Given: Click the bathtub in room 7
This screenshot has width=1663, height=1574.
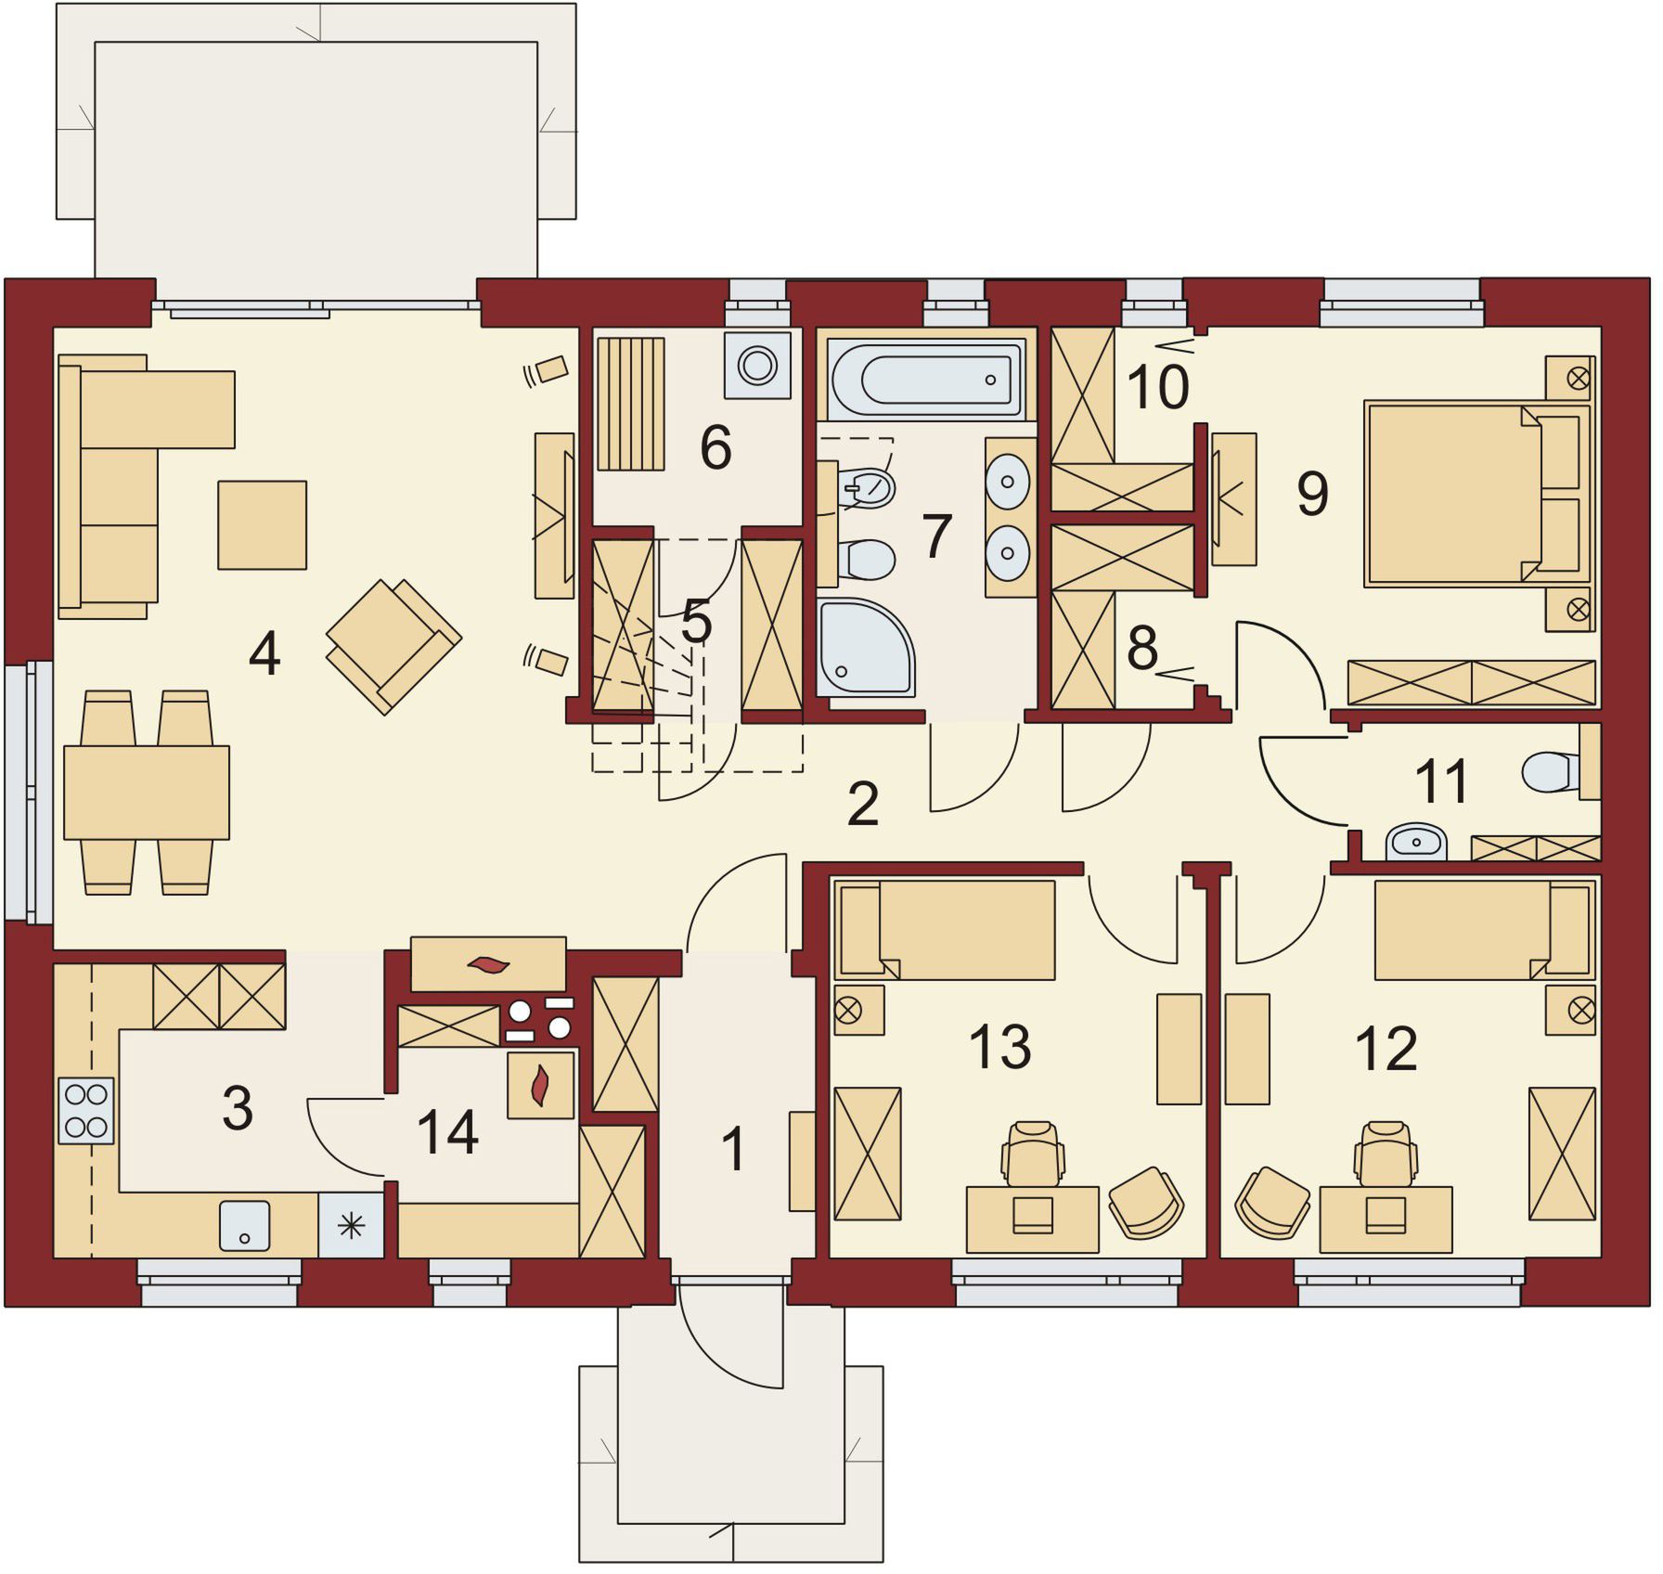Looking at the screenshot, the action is tap(926, 380).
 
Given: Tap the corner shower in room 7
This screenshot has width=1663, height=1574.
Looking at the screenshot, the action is tap(866, 648).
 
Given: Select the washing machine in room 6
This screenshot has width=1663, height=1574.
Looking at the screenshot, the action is tap(757, 365).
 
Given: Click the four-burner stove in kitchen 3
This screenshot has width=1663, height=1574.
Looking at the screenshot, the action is tap(86, 1111).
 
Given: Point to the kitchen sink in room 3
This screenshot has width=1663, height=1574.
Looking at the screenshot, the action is tap(245, 1226).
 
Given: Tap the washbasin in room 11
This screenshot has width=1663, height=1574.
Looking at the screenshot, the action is tap(1416, 843).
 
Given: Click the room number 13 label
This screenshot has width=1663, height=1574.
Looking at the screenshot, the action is tap(999, 1046).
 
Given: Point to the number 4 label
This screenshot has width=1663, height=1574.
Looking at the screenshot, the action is tap(264, 654).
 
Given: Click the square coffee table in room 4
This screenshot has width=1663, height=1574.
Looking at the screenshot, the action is tap(262, 525).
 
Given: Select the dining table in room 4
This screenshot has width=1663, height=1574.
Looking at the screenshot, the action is tap(147, 793).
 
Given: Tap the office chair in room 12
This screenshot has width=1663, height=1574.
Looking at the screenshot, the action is tap(1385, 1154).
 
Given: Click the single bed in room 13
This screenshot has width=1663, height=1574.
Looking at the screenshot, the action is tap(945, 929).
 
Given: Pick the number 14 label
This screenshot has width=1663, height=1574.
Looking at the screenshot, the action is tap(447, 1132).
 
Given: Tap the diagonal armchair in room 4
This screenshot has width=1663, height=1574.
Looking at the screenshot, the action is tap(393, 646).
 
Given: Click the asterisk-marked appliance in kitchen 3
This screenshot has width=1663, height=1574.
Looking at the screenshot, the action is tap(351, 1226).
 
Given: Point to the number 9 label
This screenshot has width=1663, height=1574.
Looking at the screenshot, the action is tap(1312, 494).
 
